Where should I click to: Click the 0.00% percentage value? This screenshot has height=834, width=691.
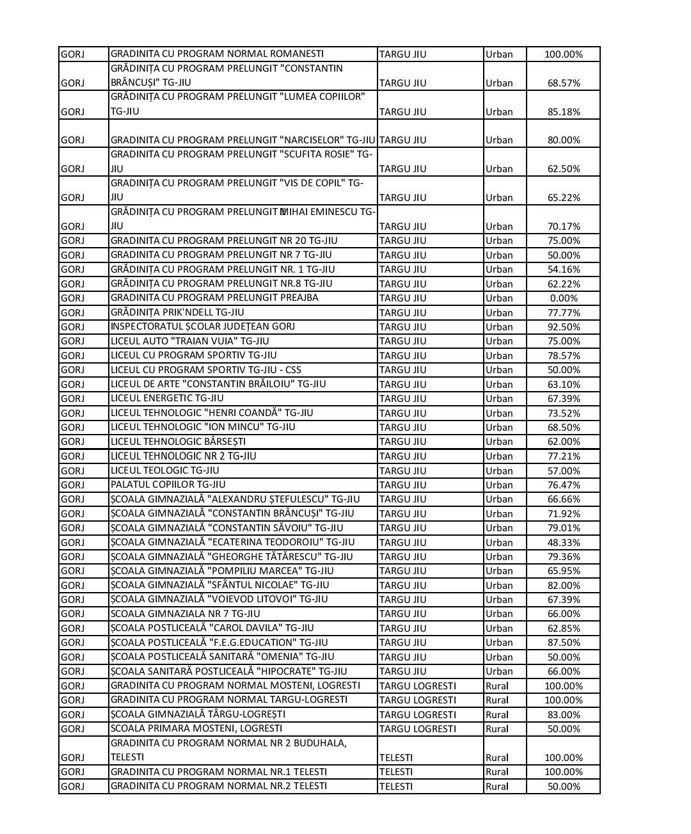coord(563,298)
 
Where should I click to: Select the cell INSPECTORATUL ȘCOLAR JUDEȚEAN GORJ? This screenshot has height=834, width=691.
coord(203,326)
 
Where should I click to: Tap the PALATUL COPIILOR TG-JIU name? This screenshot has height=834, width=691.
coord(168,485)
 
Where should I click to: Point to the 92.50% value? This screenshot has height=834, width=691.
coord(563,327)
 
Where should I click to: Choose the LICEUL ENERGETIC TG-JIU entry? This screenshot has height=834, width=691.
coord(167,398)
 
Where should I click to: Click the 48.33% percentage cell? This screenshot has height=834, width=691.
coord(563,542)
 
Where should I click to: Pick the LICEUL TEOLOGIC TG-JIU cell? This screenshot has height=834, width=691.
coord(164,470)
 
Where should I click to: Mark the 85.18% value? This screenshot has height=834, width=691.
coord(563,112)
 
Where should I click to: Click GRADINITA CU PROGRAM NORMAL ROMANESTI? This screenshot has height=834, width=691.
coord(217,54)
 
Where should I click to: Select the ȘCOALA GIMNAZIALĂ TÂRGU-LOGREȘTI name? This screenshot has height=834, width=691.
coord(198,714)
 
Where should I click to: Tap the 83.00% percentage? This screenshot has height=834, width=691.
coord(563,715)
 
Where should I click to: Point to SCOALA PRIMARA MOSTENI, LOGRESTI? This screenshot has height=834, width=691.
coord(196,728)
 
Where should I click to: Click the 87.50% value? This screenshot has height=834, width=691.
coord(563,643)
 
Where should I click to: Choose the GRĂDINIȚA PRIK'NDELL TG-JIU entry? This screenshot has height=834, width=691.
coord(177,312)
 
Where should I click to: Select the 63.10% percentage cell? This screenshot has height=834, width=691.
coord(563,385)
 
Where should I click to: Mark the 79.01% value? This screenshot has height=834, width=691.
coord(563,528)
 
